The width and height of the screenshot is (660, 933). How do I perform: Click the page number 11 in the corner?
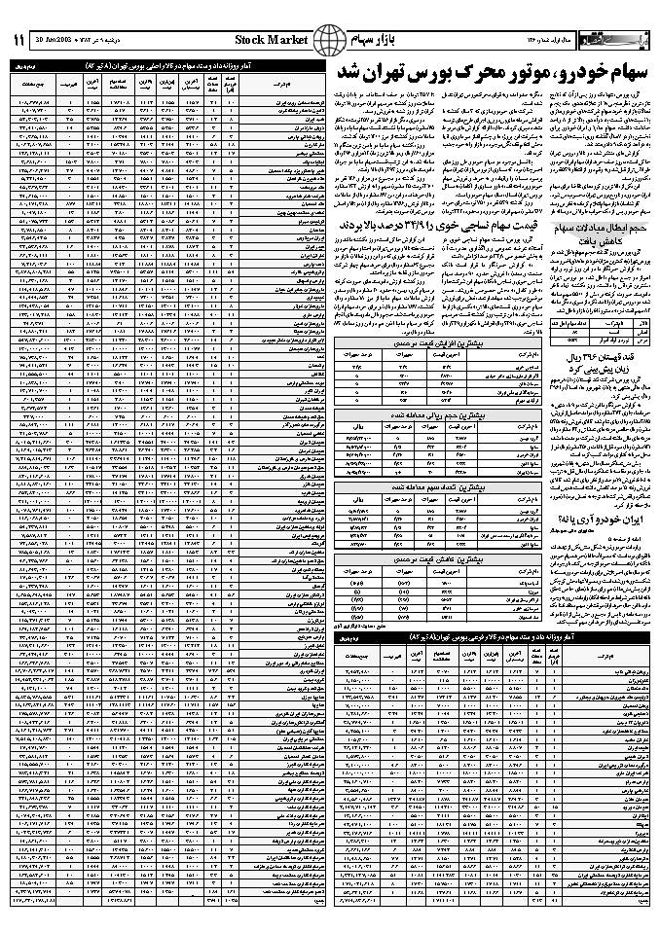[x=18, y=40]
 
